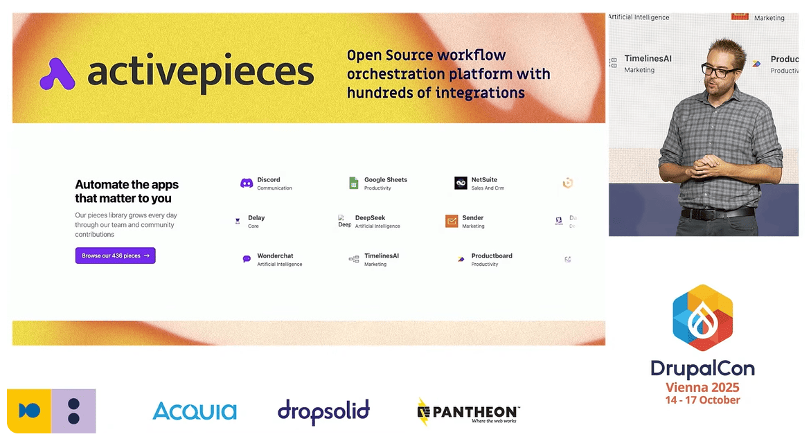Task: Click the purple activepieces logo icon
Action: click(57, 74)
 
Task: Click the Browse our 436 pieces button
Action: click(115, 255)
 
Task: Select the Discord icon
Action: click(247, 183)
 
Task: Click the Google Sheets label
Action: click(386, 180)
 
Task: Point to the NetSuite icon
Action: click(461, 183)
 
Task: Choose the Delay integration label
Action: click(256, 218)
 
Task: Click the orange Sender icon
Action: click(452, 221)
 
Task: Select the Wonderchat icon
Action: click(247, 259)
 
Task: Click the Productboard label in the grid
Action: click(492, 256)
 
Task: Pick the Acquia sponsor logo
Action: click(195, 411)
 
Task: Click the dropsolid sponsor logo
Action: click(323, 411)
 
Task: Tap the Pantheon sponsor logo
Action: click(468, 411)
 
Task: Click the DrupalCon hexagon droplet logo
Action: click(703, 318)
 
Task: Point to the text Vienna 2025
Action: click(702, 388)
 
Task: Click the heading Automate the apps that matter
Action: click(127, 191)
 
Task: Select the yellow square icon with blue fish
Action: click(29, 411)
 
